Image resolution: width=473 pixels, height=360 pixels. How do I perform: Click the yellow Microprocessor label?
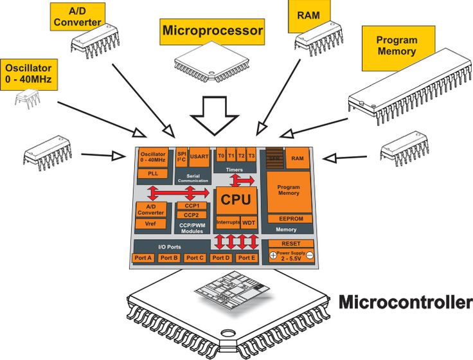coord(213,30)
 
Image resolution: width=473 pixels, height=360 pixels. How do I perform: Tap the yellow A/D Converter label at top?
coord(76,17)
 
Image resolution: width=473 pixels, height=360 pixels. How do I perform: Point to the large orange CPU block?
coord(235,199)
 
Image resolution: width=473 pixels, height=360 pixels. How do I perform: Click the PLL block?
coord(152,174)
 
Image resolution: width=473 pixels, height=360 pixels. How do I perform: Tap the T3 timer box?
coord(252,156)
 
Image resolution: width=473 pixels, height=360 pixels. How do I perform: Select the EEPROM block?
coord(289,219)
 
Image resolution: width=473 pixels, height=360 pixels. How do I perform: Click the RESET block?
coord(290,244)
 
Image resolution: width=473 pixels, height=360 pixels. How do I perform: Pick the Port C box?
coord(194,258)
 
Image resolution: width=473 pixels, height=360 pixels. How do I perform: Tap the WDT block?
coord(249,222)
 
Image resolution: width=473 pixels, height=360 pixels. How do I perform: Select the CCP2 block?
coord(191,215)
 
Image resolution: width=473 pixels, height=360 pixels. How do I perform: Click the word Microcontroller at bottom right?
coord(405,301)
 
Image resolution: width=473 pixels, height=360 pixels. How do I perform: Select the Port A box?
coord(143,258)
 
